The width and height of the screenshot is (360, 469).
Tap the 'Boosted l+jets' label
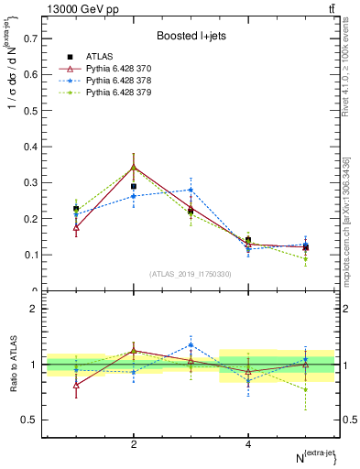click(x=191, y=36)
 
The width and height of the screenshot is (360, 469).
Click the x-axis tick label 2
click(x=134, y=444)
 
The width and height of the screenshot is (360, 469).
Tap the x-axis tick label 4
click(x=248, y=444)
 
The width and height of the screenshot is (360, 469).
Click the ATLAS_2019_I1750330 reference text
click(x=191, y=274)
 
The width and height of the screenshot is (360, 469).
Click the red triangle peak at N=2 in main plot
click(x=134, y=168)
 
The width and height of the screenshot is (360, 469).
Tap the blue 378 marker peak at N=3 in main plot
click(x=191, y=190)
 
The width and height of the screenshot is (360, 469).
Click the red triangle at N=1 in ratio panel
click(x=76, y=385)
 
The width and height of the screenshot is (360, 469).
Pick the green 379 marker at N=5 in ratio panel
click(x=305, y=389)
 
